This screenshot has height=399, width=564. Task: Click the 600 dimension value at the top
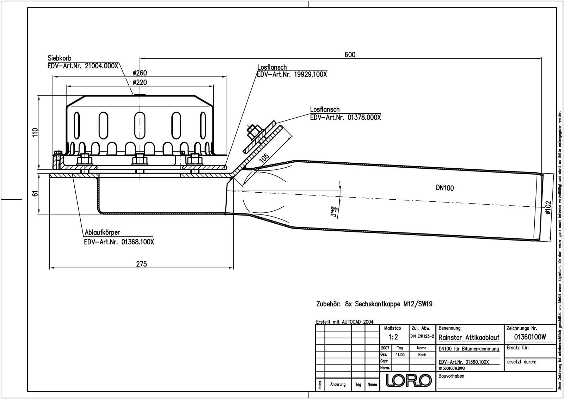click(350, 55)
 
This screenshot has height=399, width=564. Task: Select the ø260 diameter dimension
click(140, 73)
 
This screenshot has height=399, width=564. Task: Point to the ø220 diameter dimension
click(140, 82)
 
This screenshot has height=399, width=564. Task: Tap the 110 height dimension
click(35, 133)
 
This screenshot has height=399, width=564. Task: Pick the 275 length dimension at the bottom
click(141, 264)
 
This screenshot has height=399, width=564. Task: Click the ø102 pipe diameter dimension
click(548, 207)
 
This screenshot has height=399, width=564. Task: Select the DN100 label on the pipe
click(445, 188)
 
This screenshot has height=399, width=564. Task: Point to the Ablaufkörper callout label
click(102, 232)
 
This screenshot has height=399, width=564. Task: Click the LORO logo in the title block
click(409, 380)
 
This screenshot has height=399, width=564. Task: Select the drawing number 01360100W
click(530, 337)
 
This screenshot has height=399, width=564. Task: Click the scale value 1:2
click(393, 337)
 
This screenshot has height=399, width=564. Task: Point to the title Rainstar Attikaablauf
click(469, 338)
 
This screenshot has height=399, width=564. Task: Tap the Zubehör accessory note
click(374, 304)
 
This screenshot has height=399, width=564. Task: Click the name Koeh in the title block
click(422, 355)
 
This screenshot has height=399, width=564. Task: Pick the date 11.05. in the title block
click(400, 355)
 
